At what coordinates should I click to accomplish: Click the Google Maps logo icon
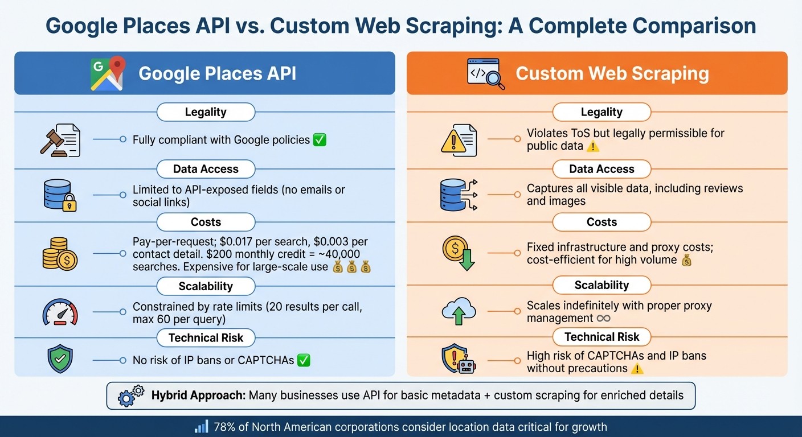107,73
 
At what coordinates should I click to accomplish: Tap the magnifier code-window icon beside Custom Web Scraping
485,74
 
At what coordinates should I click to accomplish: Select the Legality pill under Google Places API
206,112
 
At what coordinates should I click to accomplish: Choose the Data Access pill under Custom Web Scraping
601,169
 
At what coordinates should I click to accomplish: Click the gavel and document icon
60,140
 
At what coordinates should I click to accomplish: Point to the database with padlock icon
60,195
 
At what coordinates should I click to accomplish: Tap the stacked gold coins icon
60,254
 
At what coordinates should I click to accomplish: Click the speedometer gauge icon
60,312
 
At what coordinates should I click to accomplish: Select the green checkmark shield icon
60,360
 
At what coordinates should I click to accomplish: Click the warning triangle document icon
459,140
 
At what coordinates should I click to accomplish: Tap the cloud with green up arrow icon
459,311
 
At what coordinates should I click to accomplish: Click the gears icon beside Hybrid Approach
131,395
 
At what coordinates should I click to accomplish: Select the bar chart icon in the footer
201,427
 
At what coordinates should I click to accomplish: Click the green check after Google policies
320,139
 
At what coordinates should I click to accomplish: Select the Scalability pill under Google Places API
206,286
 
